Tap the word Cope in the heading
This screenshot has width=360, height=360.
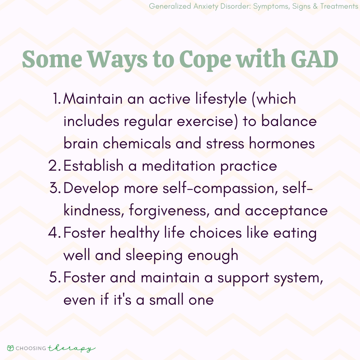coord(205,60)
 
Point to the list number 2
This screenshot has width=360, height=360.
coord(55,165)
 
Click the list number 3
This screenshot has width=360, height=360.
coord(55,188)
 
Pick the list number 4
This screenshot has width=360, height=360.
coord(55,232)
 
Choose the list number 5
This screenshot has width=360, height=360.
coord(55,277)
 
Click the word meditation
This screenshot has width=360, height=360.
coord(178,166)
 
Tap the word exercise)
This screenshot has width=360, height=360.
coord(208,122)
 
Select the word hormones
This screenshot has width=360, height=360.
coord(282,143)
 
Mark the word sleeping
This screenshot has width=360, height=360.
coord(154,256)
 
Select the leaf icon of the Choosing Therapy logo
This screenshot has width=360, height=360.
coord(11,348)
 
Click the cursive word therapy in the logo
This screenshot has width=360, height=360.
coord(71,349)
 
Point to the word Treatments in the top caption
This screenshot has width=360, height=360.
coord(339,6)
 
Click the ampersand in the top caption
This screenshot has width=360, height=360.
coord(315,6)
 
